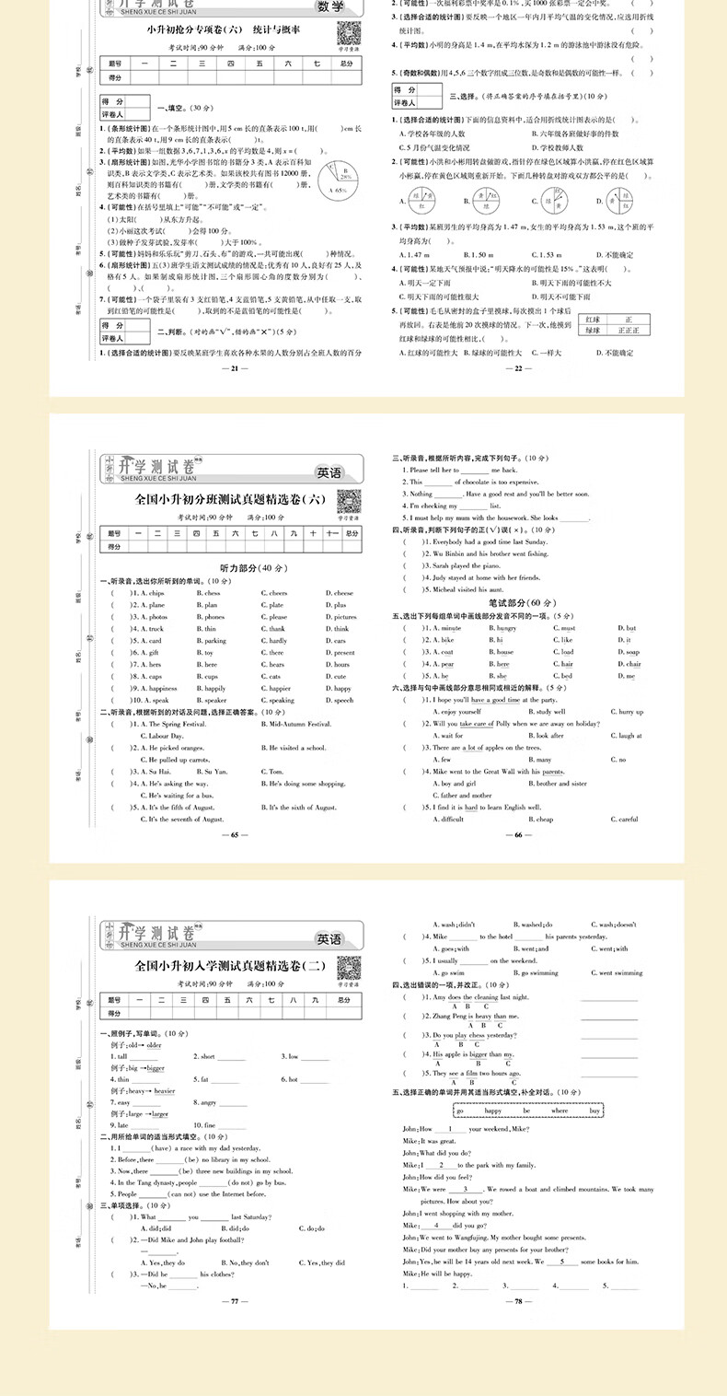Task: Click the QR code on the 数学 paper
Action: [347, 31]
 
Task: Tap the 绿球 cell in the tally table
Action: [594, 330]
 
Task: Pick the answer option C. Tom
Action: [277, 772]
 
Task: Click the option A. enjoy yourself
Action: [456, 712]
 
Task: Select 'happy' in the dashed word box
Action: [492, 1111]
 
